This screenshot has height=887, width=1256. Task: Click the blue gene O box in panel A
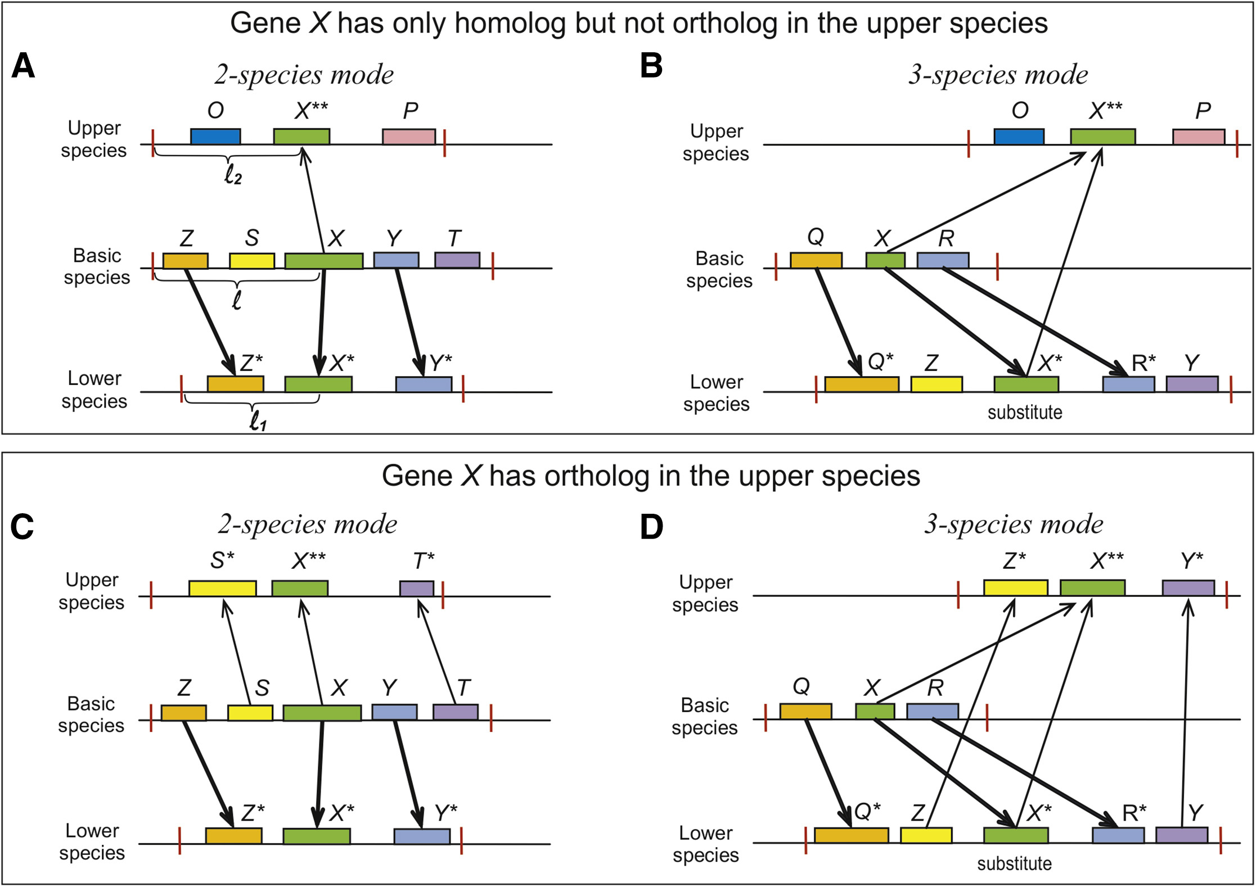pyautogui.click(x=215, y=137)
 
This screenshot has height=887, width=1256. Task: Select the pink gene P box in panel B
pyautogui.click(x=1198, y=137)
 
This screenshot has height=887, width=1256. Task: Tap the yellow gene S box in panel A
pyautogui.click(x=252, y=261)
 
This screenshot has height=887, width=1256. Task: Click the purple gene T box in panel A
pyautogui.click(x=457, y=260)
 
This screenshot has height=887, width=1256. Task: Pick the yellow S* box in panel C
pyautogui.click(x=223, y=589)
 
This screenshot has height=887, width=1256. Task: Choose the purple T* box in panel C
pyautogui.click(x=417, y=589)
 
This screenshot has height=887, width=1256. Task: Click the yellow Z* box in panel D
pyautogui.click(x=1015, y=588)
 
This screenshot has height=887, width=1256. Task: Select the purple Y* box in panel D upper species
pyautogui.click(x=1188, y=588)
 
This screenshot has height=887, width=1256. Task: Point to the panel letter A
pyautogui.click(x=23, y=66)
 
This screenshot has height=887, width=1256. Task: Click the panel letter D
pyautogui.click(x=651, y=527)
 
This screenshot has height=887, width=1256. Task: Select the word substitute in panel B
pyautogui.click(x=1025, y=413)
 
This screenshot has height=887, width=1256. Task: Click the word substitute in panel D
pyautogui.click(x=1014, y=863)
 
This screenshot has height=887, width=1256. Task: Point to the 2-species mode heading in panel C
pyautogui.click(x=307, y=524)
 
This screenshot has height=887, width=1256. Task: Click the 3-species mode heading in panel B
pyautogui.click(x=998, y=74)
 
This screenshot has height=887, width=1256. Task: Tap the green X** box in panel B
pyautogui.click(x=1102, y=137)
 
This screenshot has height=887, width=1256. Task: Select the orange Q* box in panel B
pyautogui.click(x=861, y=384)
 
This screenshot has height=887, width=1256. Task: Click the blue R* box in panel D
pyautogui.click(x=1118, y=835)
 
